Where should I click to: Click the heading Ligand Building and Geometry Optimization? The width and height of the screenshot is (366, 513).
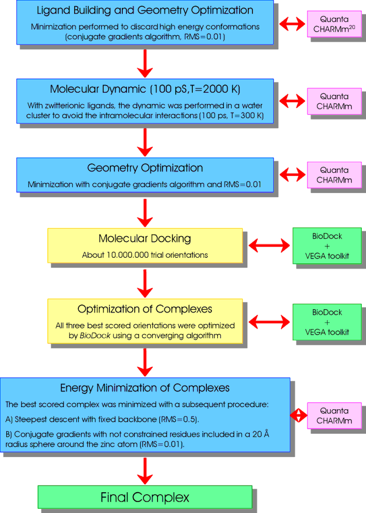pos(145,10)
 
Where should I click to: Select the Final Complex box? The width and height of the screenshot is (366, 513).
pos(145,497)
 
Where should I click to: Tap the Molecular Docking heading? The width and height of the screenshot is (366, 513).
pos(145,239)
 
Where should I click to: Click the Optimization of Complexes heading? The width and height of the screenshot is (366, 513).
pos(145,309)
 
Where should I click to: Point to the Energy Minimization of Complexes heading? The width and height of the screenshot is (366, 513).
pos(145,387)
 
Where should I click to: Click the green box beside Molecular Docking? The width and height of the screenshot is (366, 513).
pos(327,245)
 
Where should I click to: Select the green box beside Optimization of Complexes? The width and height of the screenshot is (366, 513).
pos(327,322)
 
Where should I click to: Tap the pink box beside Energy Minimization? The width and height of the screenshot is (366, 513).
pos(334,415)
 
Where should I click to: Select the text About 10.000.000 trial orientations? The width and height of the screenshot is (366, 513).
pos(145,255)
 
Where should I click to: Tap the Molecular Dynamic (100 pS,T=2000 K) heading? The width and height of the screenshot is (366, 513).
pos(145,89)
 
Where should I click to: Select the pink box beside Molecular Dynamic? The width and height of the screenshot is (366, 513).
pos(334,101)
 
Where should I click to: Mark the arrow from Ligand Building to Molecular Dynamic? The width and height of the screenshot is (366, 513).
pos(145,63)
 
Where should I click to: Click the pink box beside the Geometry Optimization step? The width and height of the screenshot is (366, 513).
pos(334,175)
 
